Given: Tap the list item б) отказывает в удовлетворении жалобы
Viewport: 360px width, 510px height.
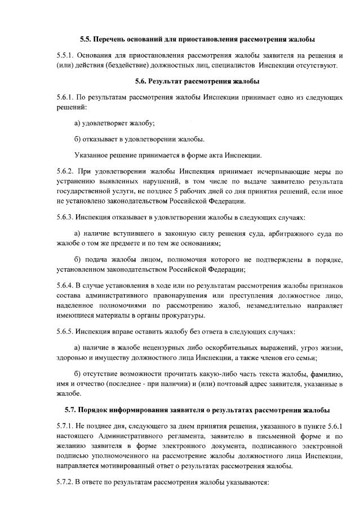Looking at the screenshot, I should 139,139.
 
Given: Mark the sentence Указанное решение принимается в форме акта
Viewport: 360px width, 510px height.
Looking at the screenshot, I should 168,155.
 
